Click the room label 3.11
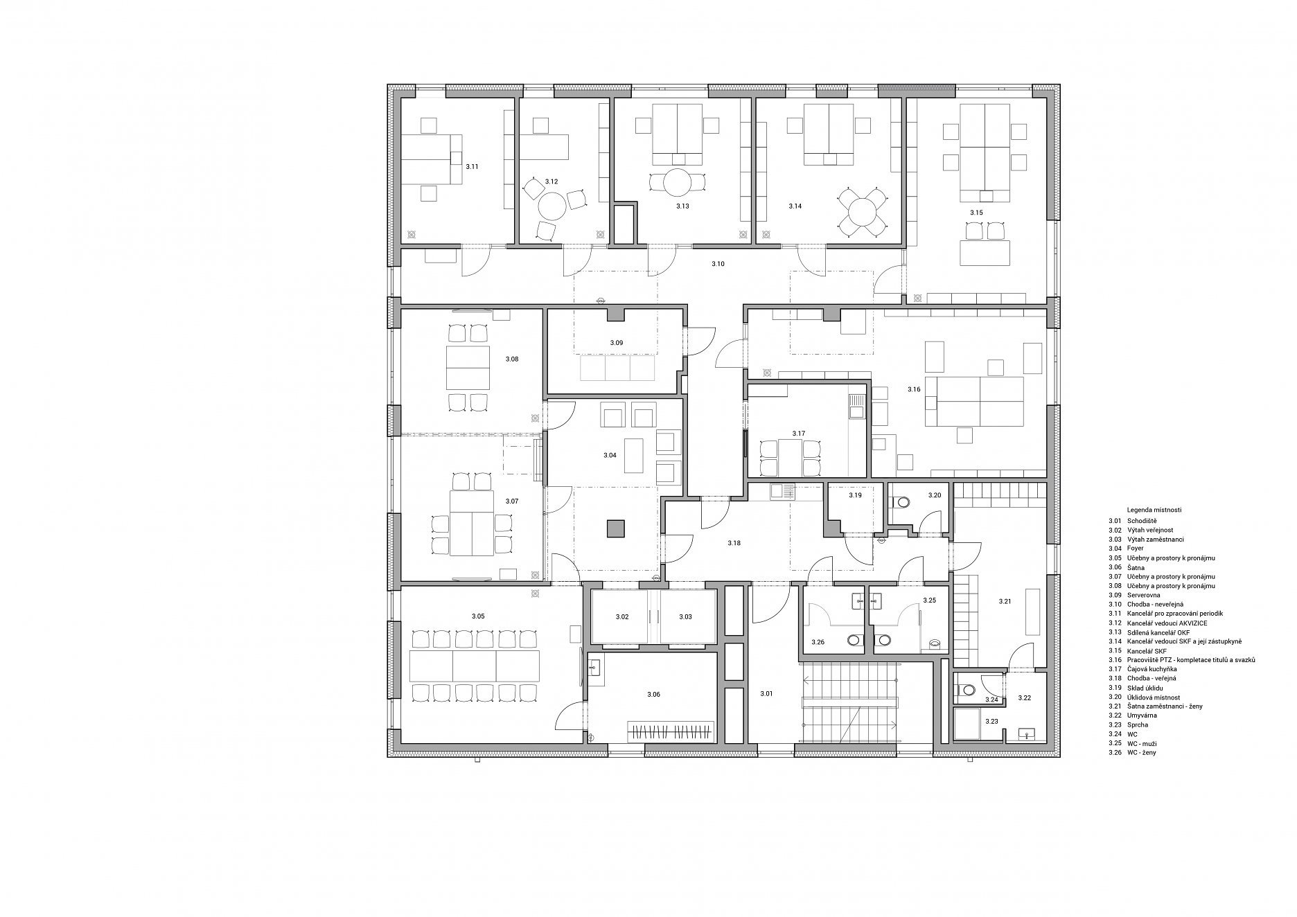(472, 167)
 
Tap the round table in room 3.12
(552, 206)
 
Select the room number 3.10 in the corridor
(718, 264)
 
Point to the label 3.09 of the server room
(617, 343)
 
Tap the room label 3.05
(478, 616)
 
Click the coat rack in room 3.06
(670, 731)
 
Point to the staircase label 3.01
(766, 693)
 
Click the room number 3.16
(914, 390)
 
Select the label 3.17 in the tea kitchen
(799, 434)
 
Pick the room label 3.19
(855, 496)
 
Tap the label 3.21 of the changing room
(1005, 601)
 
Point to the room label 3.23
(991, 721)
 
